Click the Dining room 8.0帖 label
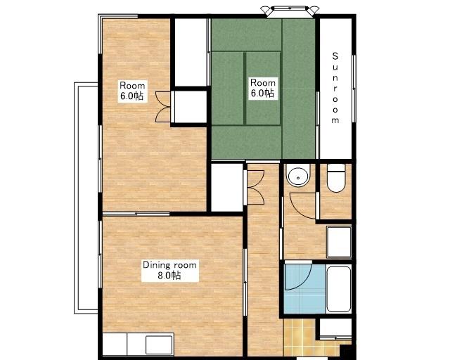(169, 270)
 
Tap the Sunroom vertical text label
(335, 88)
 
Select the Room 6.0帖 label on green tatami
(262, 88)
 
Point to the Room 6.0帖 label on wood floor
(132, 91)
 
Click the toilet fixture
(336, 178)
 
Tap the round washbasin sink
(298, 177)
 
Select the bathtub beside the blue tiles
(339, 289)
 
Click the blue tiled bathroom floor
(304, 289)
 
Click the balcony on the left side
(86, 198)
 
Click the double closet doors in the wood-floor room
(163, 107)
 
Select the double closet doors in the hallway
(255, 188)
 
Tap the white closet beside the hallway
(227, 188)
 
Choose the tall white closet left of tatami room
(191, 52)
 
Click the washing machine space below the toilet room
(339, 243)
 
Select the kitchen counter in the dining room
(138, 345)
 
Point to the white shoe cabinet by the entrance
(335, 328)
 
